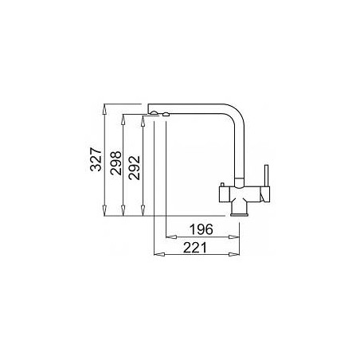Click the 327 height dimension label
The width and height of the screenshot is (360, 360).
(96, 159)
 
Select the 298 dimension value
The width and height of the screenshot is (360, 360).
(115, 163)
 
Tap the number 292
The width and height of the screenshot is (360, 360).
(134, 168)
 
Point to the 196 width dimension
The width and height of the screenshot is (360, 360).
(201, 229)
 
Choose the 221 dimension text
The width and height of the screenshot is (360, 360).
(195, 248)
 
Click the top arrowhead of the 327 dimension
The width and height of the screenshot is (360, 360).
(104, 109)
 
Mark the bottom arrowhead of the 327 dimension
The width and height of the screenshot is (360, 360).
(104, 210)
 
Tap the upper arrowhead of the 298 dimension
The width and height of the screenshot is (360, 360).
(123, 119)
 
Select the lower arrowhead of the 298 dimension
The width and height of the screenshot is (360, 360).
(123, 210)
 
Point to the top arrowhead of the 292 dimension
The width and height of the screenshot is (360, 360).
(143, 121)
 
